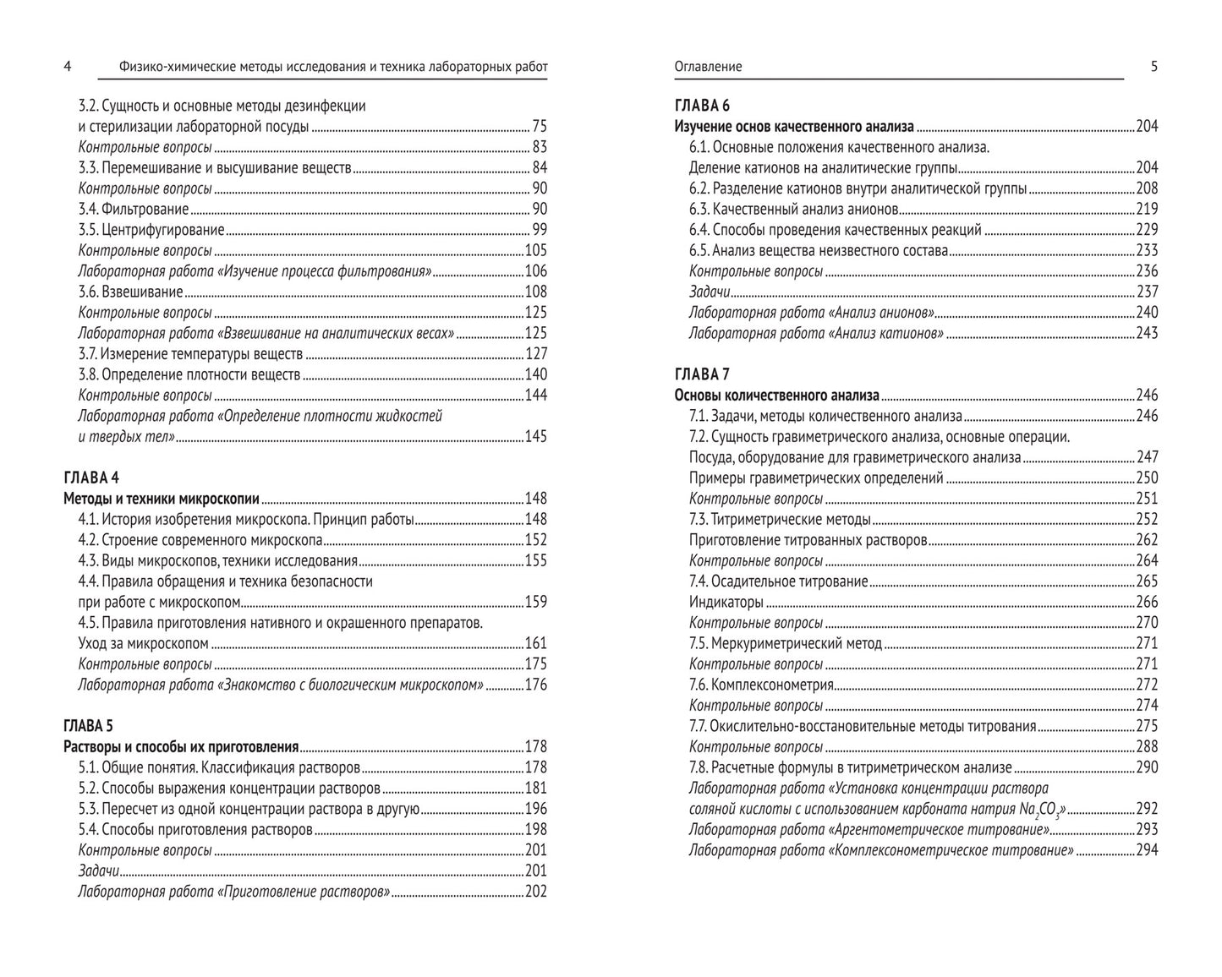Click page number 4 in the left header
coord(68,67)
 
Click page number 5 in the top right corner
coord(1154,67)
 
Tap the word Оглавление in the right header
coord(708,67)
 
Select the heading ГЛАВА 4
coord(91,478)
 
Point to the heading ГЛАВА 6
coord(702,106)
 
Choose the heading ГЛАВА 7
coord(702,374)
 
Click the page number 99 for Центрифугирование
coord(539,230)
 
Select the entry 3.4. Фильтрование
coord(134,209)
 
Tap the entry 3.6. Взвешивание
coord(130,292)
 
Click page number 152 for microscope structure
coord(536,540)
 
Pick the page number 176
coord(536,685)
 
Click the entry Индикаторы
coord(726,603)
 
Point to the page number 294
coord(1147,850)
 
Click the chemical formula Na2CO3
coord(1043,811)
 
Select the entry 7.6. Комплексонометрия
coord(761,685)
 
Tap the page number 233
coord(1147,251)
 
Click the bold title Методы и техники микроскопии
coord(162,499)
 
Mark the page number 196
coord(536,809)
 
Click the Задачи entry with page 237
coord(710,292)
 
